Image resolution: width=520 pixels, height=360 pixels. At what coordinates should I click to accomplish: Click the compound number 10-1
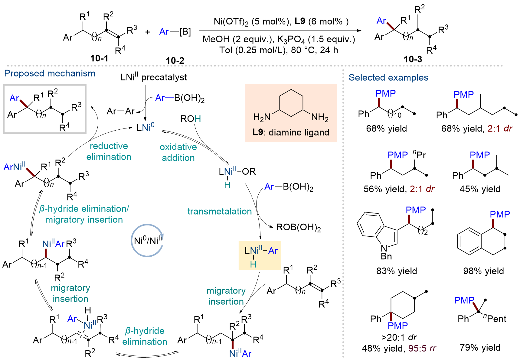[x=99, y=58]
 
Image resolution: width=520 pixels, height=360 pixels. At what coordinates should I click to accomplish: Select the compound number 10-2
[x=175, y=60]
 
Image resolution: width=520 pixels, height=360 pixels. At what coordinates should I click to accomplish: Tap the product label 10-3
[x=413, y=59]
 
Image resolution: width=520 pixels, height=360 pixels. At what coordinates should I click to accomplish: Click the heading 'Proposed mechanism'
[x=50, y=73]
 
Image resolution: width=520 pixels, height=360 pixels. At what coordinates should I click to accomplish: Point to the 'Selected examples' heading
[x=388, y=78]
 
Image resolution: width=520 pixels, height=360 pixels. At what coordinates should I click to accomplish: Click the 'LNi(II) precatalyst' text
[x=154, y=77]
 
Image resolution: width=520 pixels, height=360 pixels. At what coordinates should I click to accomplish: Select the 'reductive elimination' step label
[x=109, y=151]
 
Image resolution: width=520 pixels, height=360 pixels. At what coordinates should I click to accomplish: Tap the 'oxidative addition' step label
[x=178, y=152]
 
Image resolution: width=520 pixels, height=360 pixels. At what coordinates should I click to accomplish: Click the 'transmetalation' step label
[x=220, y=211]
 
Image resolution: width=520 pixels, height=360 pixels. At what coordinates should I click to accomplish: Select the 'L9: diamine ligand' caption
[x=291, y=132]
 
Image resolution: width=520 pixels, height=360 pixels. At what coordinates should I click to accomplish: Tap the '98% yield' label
[x=483, y=271]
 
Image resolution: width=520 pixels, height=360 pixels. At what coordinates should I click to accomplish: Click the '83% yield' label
[x=397, y=271]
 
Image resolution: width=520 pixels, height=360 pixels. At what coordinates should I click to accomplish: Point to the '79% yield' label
[x=480, y=348]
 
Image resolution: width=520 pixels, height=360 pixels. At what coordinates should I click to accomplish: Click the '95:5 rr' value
[x=422, y=349]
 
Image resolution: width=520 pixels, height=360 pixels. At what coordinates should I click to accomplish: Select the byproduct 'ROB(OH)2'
[x=299, y=227]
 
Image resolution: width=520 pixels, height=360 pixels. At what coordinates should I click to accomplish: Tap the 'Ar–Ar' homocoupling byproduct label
[x=121, y=111]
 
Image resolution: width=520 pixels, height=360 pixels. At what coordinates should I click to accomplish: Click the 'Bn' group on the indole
[x=386, y=256]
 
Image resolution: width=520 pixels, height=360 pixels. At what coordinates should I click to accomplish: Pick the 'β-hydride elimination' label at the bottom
[x=145, y=336]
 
